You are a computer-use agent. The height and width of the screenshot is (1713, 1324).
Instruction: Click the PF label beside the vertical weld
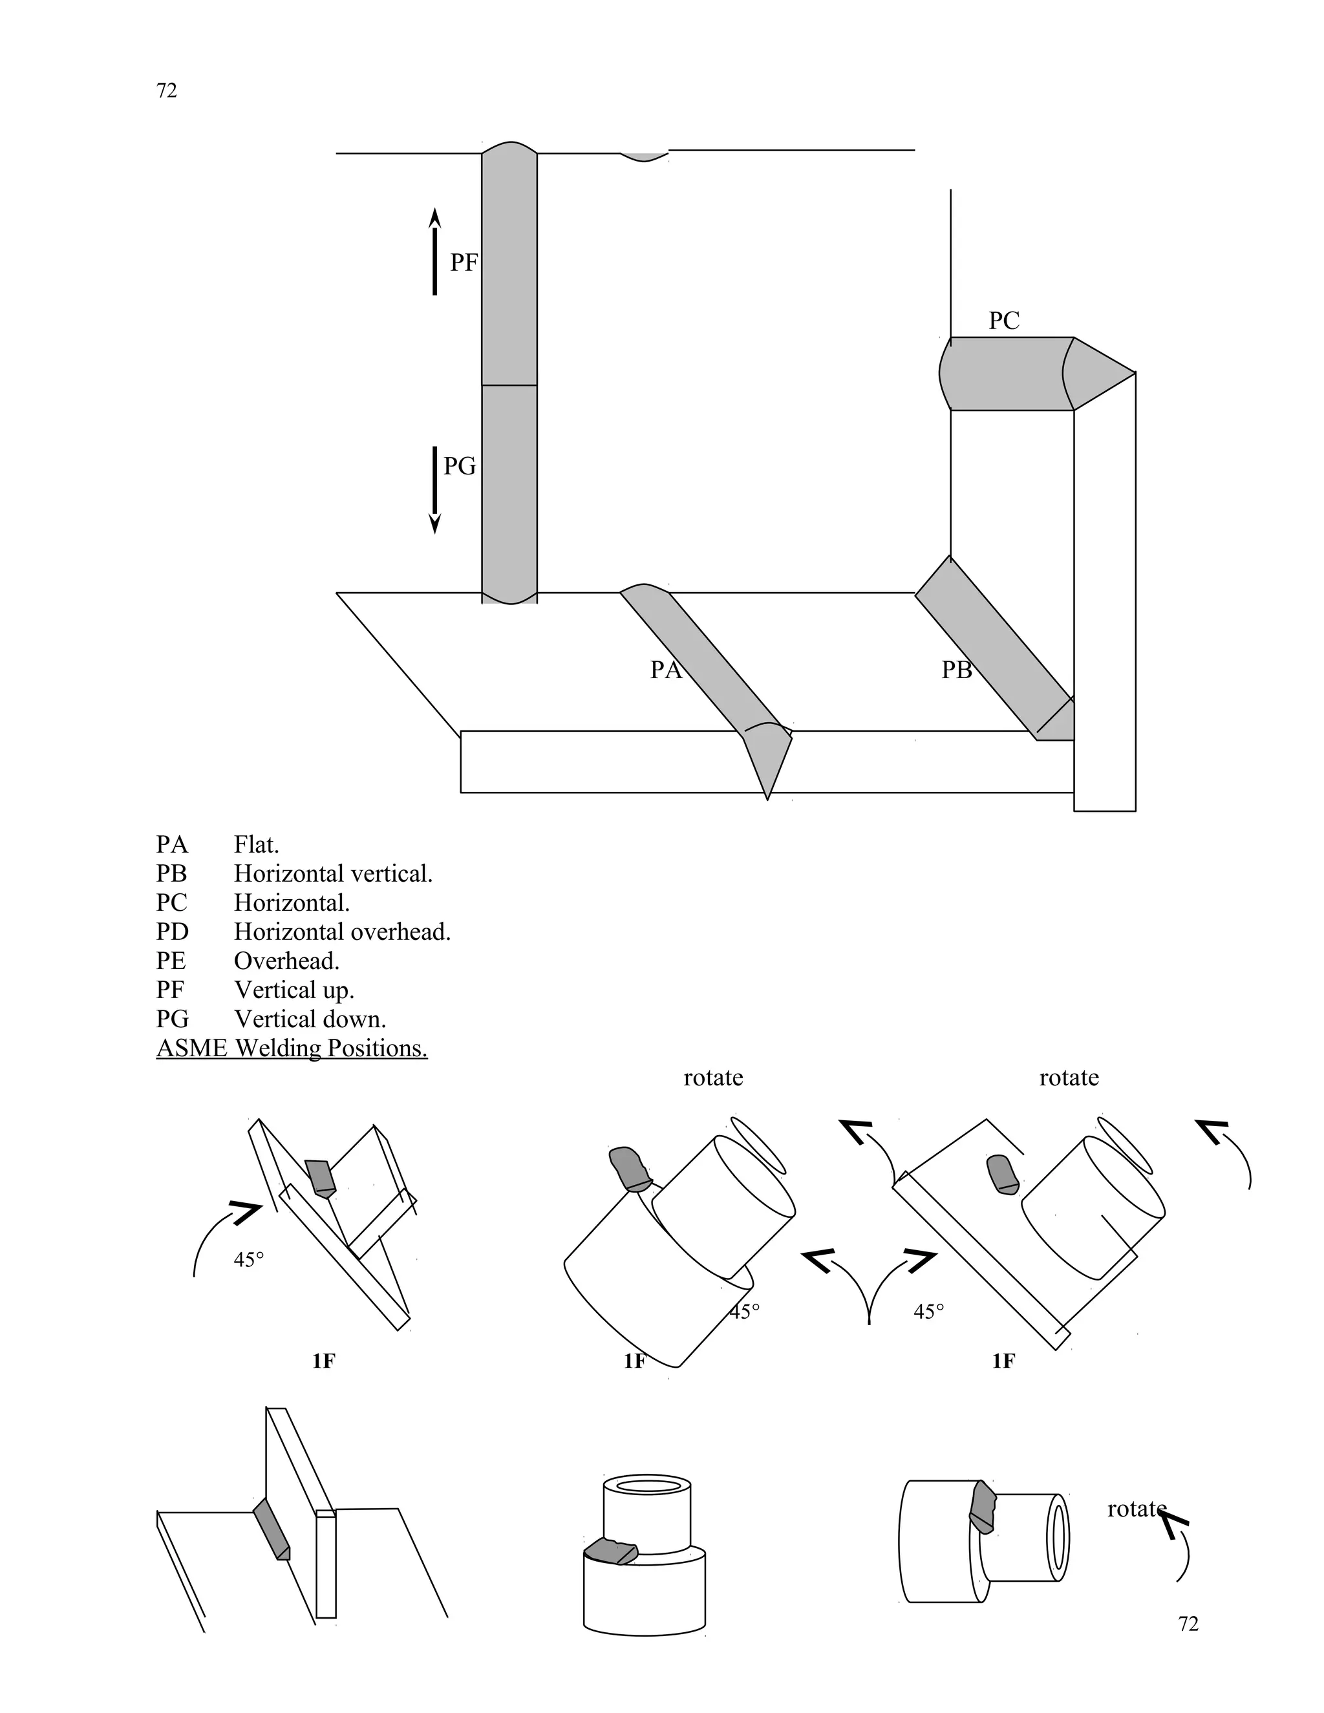[463, 262]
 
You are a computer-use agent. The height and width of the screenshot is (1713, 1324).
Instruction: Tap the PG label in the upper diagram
[460, 467]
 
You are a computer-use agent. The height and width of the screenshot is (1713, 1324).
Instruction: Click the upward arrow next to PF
[434, 251]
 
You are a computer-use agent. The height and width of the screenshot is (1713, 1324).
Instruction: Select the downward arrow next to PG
[434, 490]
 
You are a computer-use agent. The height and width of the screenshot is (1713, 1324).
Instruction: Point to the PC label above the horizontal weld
[1003, 321]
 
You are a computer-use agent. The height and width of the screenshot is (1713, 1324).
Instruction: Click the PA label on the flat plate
[665, 670]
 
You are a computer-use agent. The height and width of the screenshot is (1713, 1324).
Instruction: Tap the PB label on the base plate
[956, 670]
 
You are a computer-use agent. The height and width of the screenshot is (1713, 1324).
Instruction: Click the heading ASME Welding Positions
[292, 1048]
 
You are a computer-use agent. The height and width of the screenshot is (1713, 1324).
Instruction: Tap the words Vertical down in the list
[310, 1019]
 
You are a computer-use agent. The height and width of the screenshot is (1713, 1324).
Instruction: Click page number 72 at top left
[167, 91]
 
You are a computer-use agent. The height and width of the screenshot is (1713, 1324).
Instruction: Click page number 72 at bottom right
[1188, 1624]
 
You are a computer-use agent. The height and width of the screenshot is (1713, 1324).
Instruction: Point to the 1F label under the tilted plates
[323, 1361]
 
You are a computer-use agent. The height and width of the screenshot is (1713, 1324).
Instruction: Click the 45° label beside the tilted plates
[249, 1261]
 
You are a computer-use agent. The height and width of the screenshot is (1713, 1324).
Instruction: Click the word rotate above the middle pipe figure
[713, 1078]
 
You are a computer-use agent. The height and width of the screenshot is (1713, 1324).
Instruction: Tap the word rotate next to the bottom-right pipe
[1136, 1509]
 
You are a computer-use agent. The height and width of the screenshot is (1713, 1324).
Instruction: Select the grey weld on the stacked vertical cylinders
[611, 1551]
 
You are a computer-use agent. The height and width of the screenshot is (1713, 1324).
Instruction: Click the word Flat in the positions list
[256, 846]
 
